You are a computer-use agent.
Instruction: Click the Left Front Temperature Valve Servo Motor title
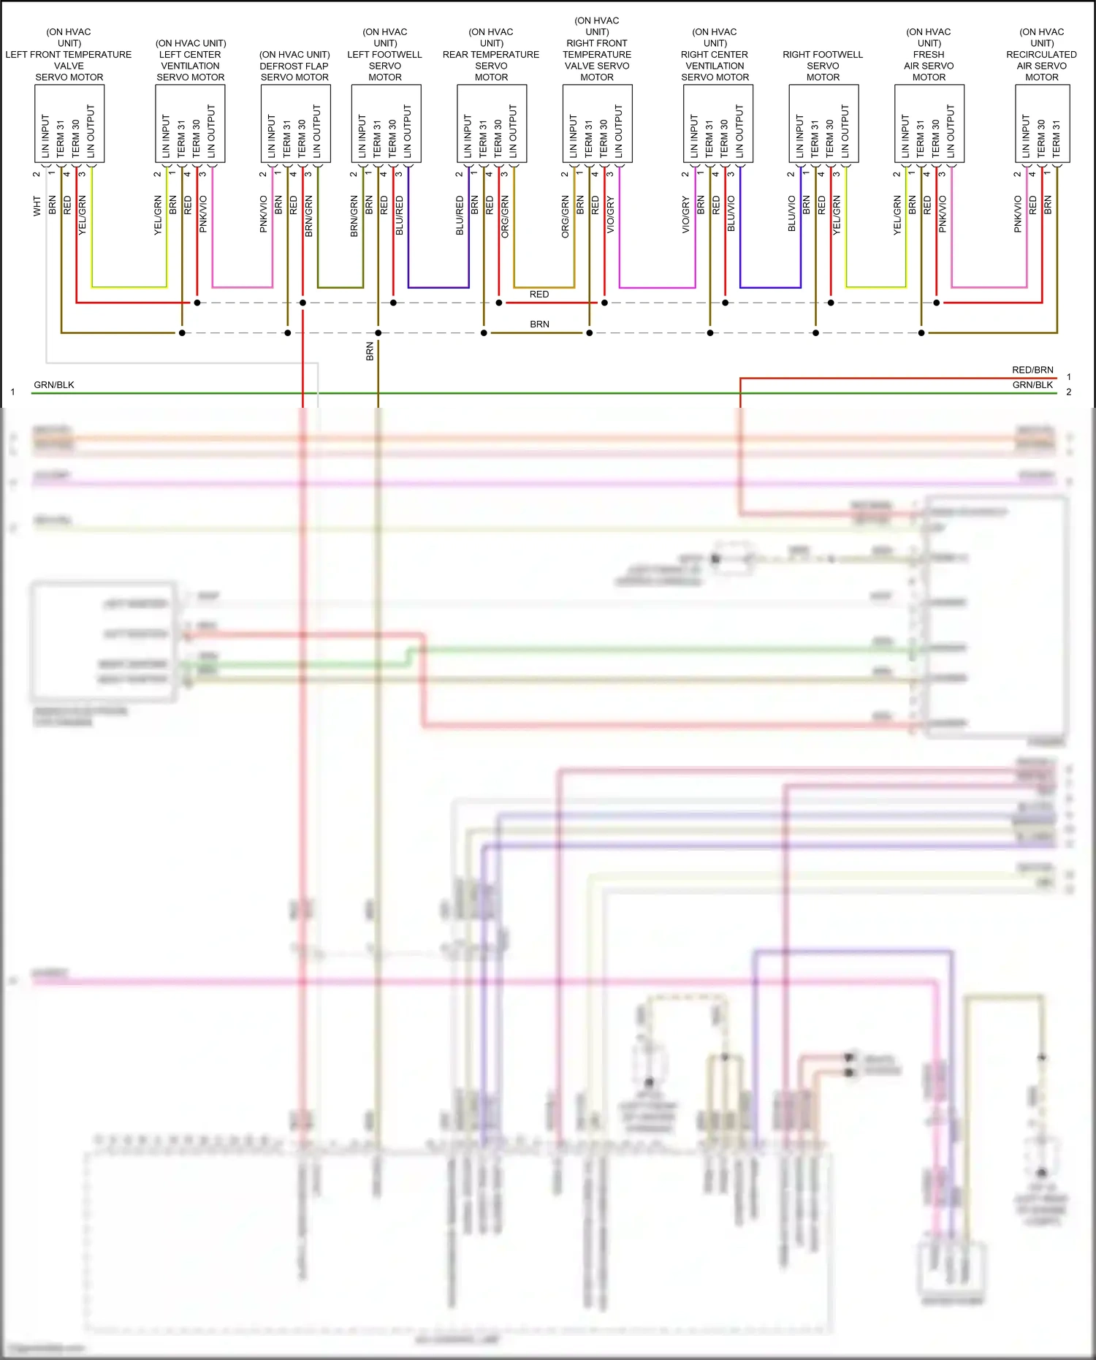tap(69, 55)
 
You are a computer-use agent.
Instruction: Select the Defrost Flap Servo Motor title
tap(294, 66)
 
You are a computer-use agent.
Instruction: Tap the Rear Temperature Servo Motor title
tap(491, 55)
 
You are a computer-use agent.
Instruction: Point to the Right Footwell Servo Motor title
tap(823, 66)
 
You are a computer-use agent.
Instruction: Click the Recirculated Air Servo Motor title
tap(1041, 55)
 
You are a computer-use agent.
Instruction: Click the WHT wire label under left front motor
tap(37, 205)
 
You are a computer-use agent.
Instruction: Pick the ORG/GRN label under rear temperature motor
tap(505, 216)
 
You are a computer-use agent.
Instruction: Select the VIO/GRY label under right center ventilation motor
tap(685, 215)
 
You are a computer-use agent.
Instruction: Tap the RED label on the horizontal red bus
tap(539, 295)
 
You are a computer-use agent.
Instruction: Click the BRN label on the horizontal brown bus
tap(539, 324)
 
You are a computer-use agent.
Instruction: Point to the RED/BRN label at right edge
tap(1032, 370)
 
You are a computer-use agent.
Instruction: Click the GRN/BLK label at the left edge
tap(54, 385)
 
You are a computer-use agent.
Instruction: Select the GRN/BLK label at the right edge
tap(1032, 385)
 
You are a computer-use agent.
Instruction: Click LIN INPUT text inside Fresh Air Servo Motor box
tap(905, 136)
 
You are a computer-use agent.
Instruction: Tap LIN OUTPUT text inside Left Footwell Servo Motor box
tap(407, 132)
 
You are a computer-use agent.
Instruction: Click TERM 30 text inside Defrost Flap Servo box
tap(302, 139)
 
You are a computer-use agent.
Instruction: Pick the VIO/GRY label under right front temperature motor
tap(610, 215)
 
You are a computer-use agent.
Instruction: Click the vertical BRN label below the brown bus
tap(370, 352)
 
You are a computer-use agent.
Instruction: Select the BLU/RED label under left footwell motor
tap(399, 215)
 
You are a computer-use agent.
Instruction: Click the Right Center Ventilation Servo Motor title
tap(715, 55)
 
